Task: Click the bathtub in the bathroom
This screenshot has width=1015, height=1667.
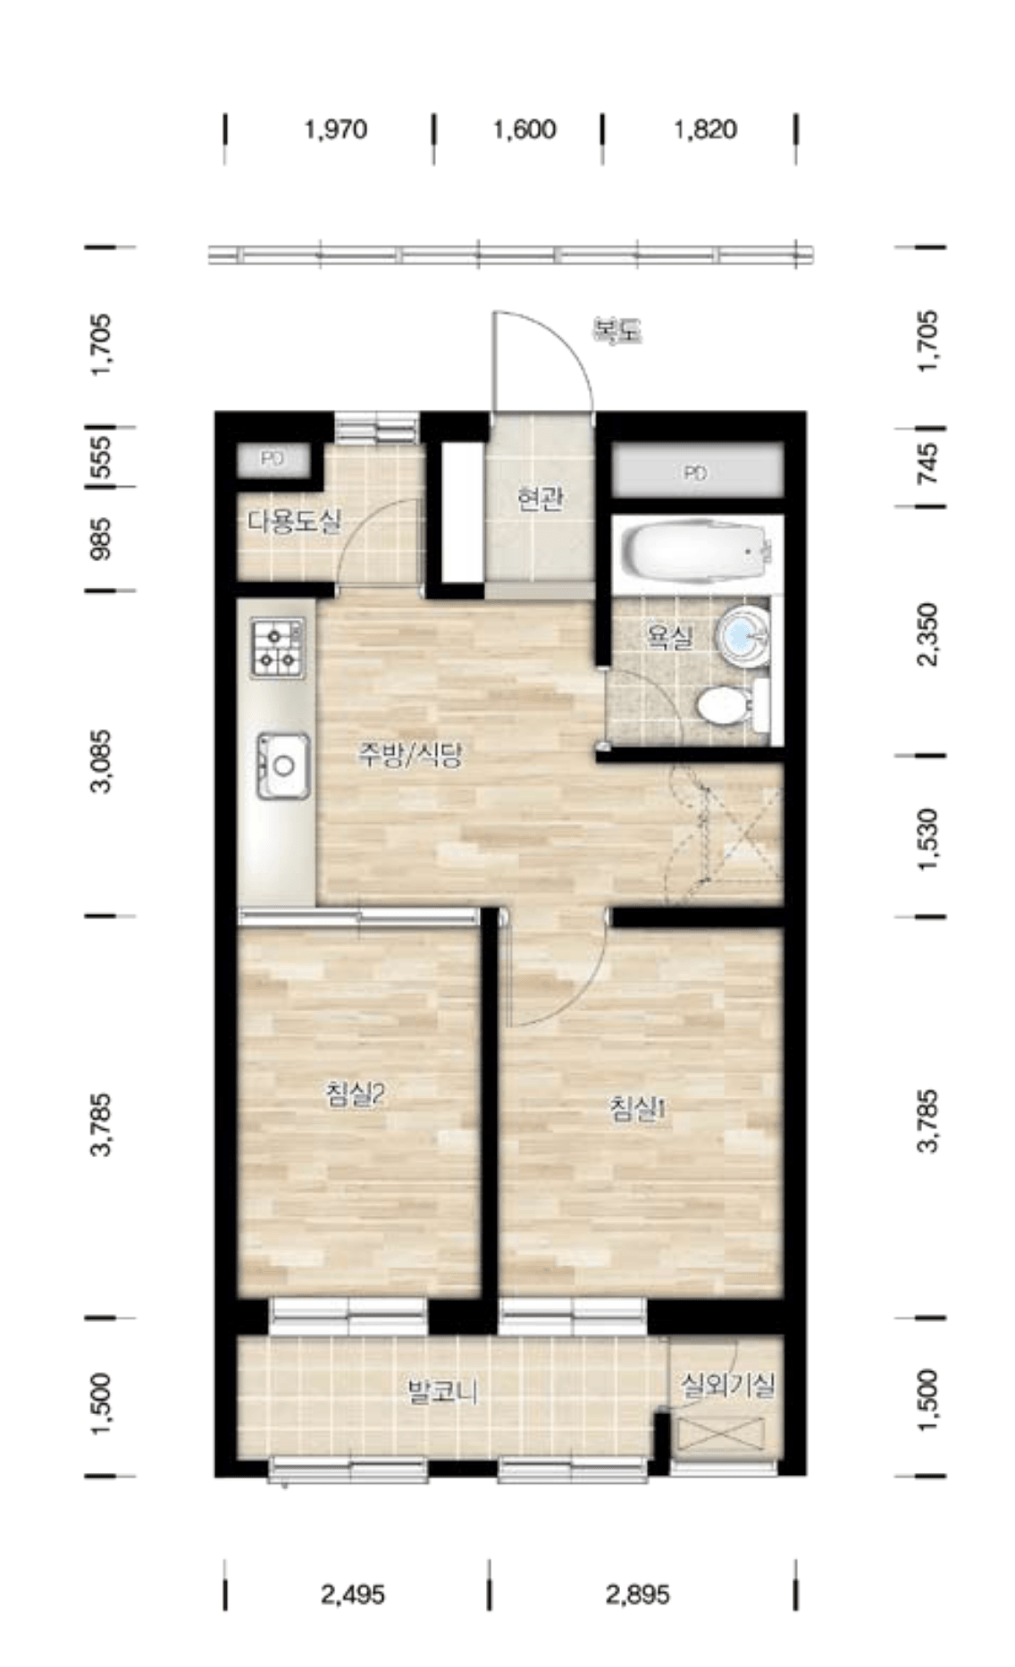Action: (x=693, y=553)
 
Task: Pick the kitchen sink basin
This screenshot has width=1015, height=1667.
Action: (x=283, y=766)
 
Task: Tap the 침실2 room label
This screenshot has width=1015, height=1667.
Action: (x=355, y=1094)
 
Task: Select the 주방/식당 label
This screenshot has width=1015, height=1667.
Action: (x=409, y=757)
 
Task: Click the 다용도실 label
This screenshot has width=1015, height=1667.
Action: (x=294, y=521)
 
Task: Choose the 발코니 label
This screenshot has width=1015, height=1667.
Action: (x=442, y=1391)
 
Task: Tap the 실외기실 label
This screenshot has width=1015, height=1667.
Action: (x=727, y=1386)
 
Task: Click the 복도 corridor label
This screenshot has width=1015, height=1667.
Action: (x=618, y=331)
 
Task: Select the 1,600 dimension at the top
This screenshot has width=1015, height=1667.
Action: (x=524, y=130)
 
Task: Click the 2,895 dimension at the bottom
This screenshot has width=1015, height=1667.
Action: (x=638, y=1595)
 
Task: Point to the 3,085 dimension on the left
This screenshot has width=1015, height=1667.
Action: (x=104, y=761)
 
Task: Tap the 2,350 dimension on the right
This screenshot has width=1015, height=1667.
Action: (x=929, y=635)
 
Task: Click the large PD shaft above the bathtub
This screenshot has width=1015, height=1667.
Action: (x=696, y=473)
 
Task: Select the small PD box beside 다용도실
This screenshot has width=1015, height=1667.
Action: (x=273, y=459)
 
